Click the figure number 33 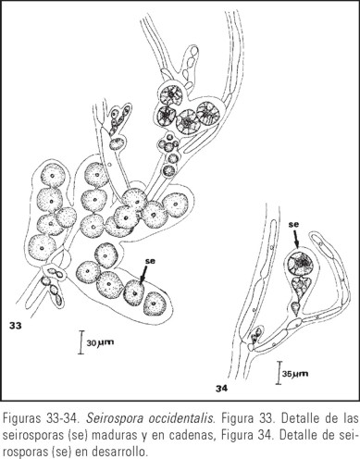[x=16, y=326]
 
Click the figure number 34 [x=221, y=389]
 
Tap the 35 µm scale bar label [x=295, y=374]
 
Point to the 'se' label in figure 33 [x=150, y=261]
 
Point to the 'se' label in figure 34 [x=293, y=225]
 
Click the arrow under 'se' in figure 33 [x=144, y=274]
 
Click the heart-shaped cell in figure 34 [x=300, y=286]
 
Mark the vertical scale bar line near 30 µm [x=81, y=342]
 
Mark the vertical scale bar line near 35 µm [x=279, y=373]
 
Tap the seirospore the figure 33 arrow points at [x=134, y=292]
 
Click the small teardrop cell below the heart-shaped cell [x=295, y=308]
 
